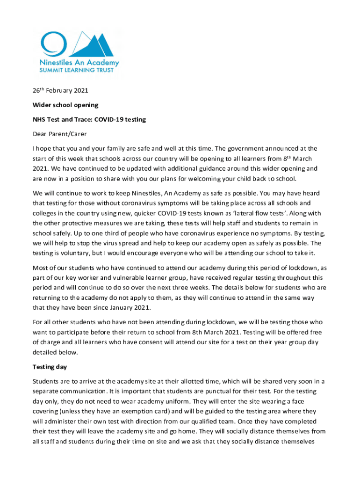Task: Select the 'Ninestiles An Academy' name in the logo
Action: (x=79, y=62)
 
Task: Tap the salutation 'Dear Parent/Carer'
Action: (x=59, y=134)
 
